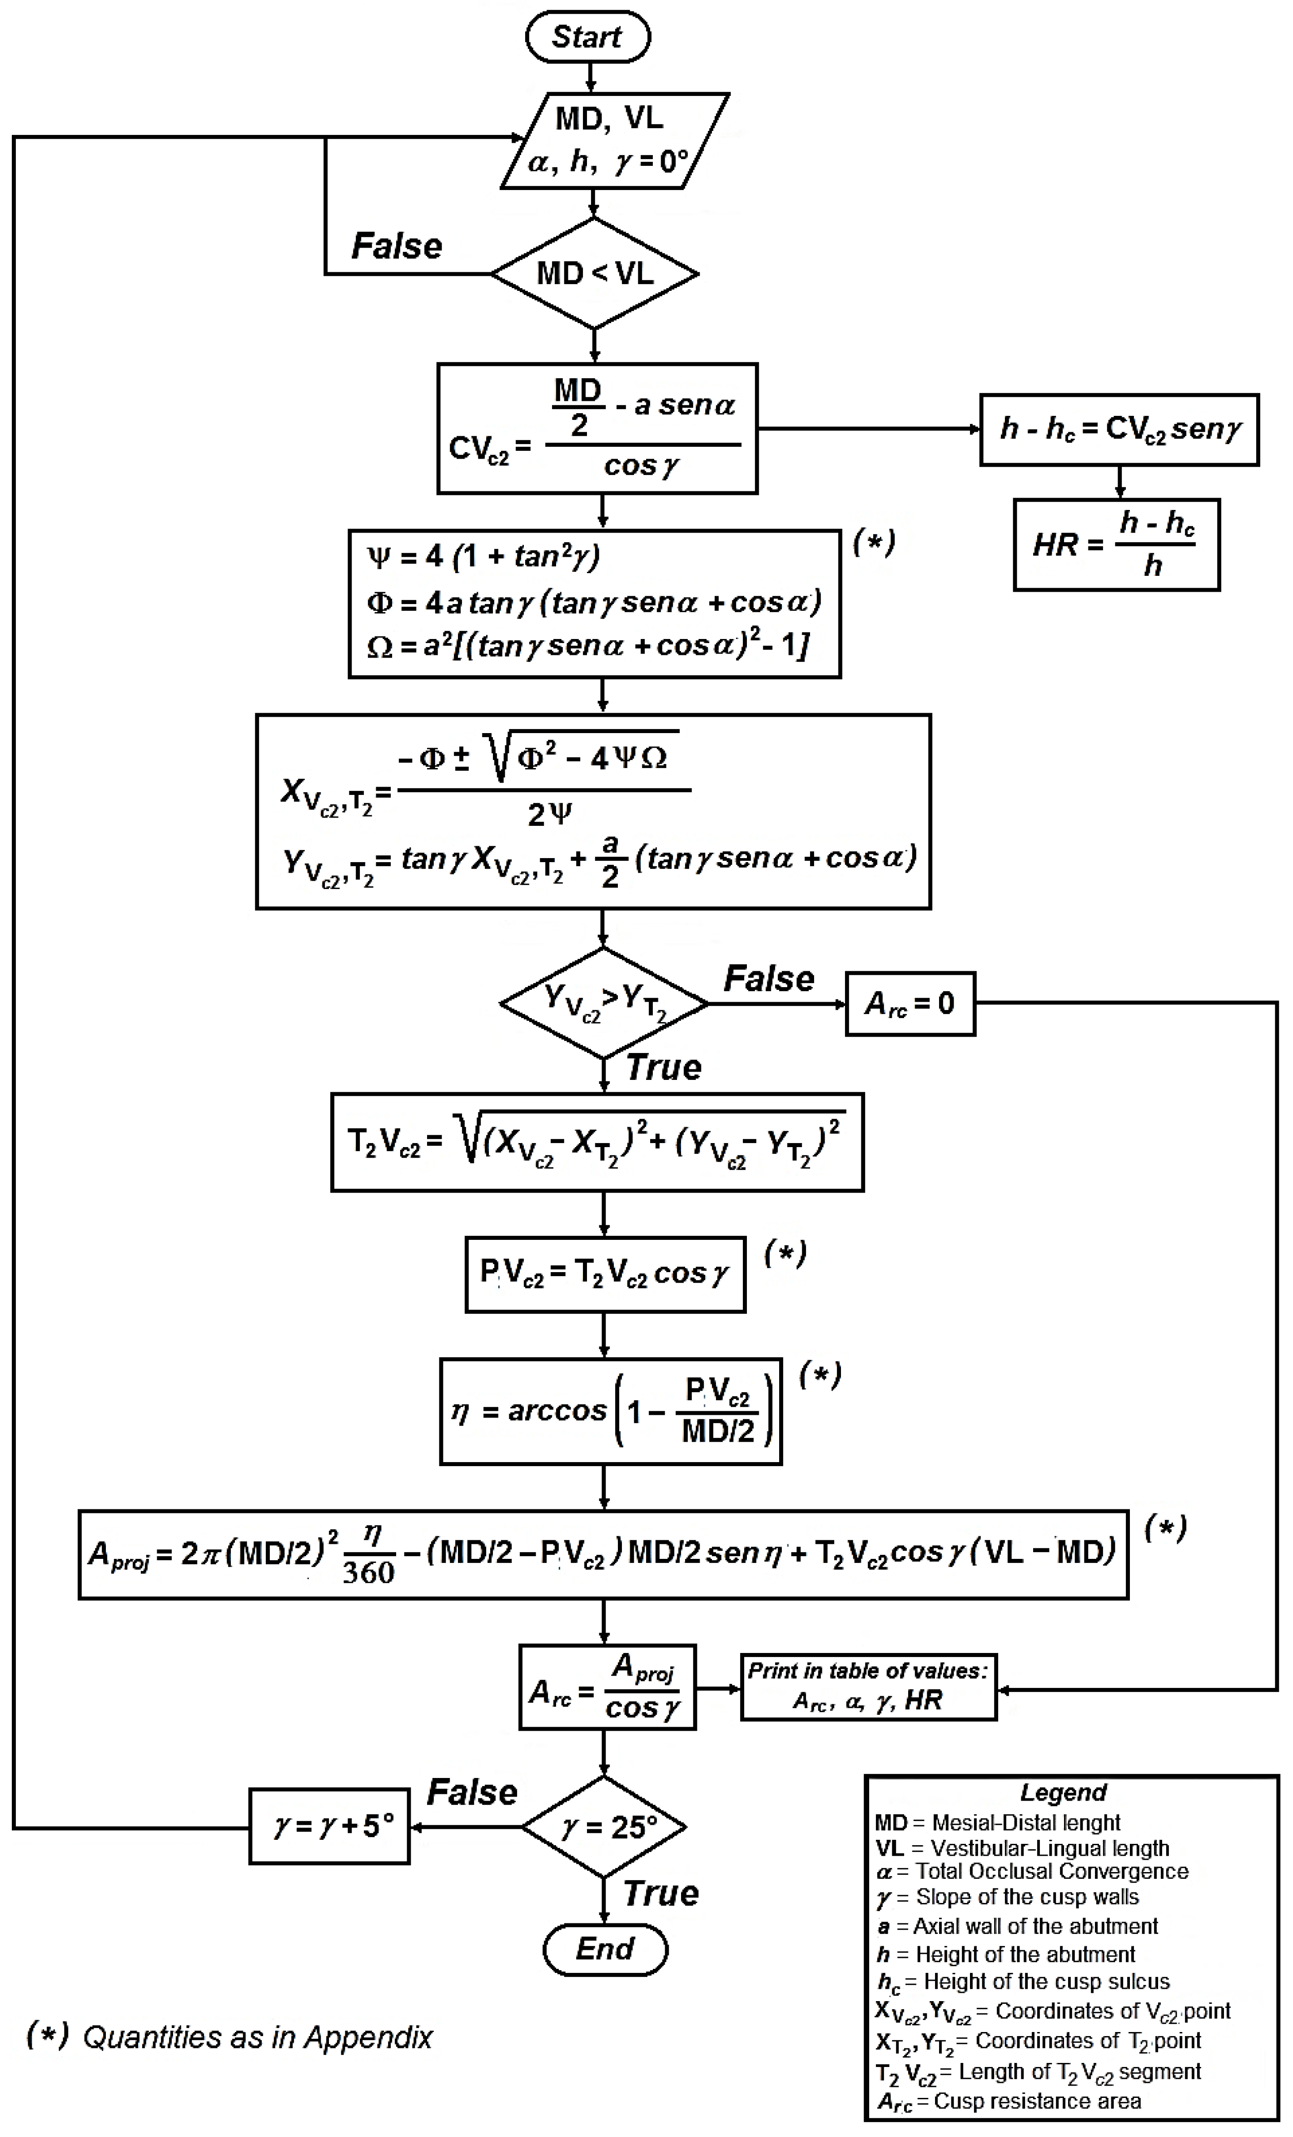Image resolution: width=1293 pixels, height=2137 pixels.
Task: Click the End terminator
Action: point(604,1949)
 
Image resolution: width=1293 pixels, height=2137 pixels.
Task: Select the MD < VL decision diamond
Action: point(595,273)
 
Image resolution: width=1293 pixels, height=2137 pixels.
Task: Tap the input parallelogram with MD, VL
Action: point(614,140)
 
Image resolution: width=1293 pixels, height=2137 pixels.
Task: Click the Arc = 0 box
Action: point(910,1004)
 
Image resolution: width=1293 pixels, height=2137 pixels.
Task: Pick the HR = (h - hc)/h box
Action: point(1116,544)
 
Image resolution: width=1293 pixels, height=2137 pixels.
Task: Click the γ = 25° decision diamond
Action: point(604,1827)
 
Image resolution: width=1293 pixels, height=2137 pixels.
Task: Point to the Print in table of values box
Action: point(868,1686)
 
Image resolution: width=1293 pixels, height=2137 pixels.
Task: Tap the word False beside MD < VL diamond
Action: point(396,246)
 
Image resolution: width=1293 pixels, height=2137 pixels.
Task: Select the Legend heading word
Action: point(1063,1792)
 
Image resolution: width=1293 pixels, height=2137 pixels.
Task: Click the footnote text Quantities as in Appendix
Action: point(257,2037)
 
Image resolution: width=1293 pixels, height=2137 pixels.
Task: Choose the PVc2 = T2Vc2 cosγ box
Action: point(604,1273)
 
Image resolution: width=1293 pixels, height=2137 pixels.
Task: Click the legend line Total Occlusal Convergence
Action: point(1051,1871)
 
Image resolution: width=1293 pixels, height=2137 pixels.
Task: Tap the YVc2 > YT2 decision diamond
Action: point(604,1004)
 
